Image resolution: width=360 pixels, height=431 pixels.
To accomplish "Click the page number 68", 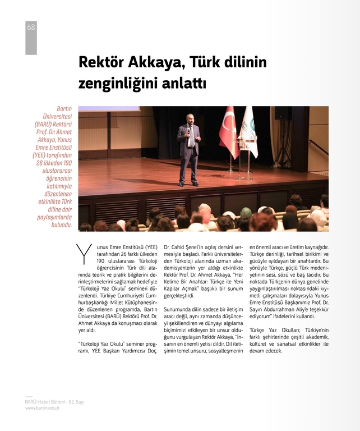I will (x=31, y=27).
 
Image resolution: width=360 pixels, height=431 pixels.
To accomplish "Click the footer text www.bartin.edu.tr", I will (x=42, y=408).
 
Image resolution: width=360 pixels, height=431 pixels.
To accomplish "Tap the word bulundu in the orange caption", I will (x=61, y=225).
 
